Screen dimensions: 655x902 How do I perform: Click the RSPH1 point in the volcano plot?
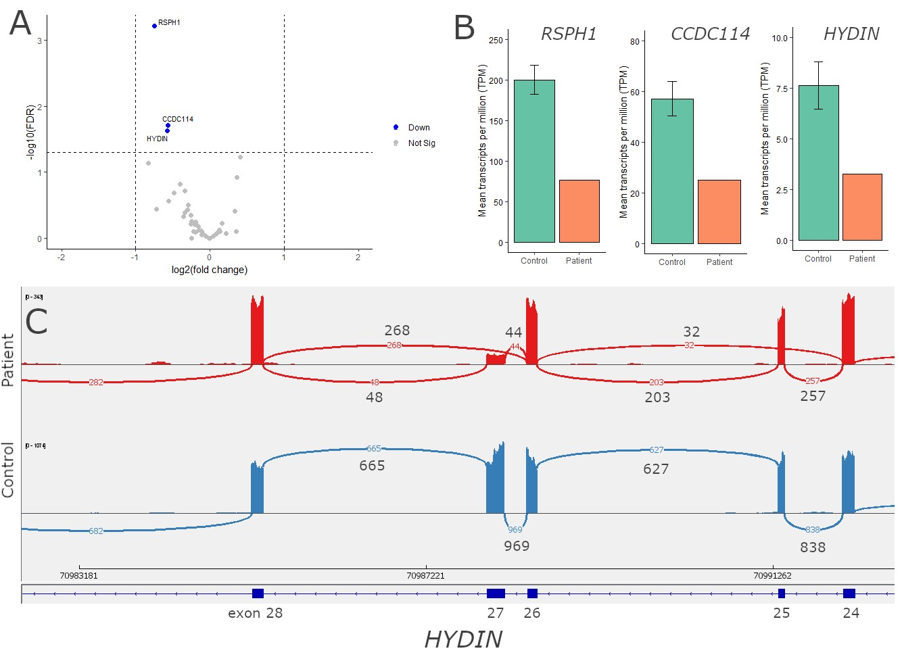pyautogui.click(x=155, y=26)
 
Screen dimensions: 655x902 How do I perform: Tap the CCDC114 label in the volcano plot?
pyautogui.click(x=178, y=119)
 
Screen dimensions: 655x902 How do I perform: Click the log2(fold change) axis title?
pyautogui.click(x=210, y=270)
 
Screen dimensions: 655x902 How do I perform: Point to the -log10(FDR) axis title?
pyautogui.click(x=30, y=132)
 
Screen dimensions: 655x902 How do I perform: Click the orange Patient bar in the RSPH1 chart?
pyautogui.click(x=579, y=211)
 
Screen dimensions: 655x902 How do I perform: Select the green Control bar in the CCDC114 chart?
pyautogui.click(x=672, y=171)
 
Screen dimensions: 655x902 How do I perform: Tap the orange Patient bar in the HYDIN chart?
pyautogui.click(x=862, y=207)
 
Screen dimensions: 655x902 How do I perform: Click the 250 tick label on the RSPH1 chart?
pyautogui.click(x=496, y=40)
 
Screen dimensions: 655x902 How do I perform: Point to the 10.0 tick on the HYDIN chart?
pyautogui.click(x=780, y=38)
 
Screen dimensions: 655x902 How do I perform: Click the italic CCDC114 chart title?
pyautogui.click(x=710, y=34)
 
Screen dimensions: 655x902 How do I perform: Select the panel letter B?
pyautogui.click(x=465, y=28)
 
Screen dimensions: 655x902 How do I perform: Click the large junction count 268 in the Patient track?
pyautogui.click(x=397, y=331)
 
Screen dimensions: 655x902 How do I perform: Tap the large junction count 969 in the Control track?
pyautogui.click(x=517, y=546)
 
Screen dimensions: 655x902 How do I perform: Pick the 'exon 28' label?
pyautogui.click(x=255, y=613)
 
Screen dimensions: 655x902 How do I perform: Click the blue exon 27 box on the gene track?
pyautogui.click(x=496, y=593)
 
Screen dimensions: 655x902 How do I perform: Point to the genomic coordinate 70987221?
pyautogui.click(x=426, y=576)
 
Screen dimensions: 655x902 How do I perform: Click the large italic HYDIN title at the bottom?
pyautogui.click(x=463, y=639)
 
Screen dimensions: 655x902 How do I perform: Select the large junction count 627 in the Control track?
pyautogui.click(x=656, y=469)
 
